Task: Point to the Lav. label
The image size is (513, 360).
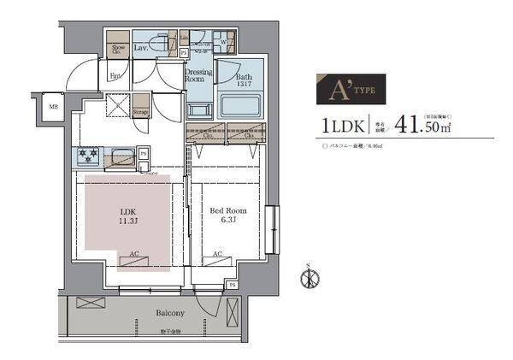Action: click(x=140, y=47)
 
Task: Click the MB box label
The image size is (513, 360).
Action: click(x=52, y=107)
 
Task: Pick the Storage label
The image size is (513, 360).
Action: click(x=141, y=111)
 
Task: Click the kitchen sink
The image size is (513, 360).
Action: click(x=121, y=156)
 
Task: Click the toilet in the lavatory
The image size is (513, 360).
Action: click(x=160, y=43)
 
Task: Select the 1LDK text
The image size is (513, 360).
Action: click(x=343, y=126)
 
